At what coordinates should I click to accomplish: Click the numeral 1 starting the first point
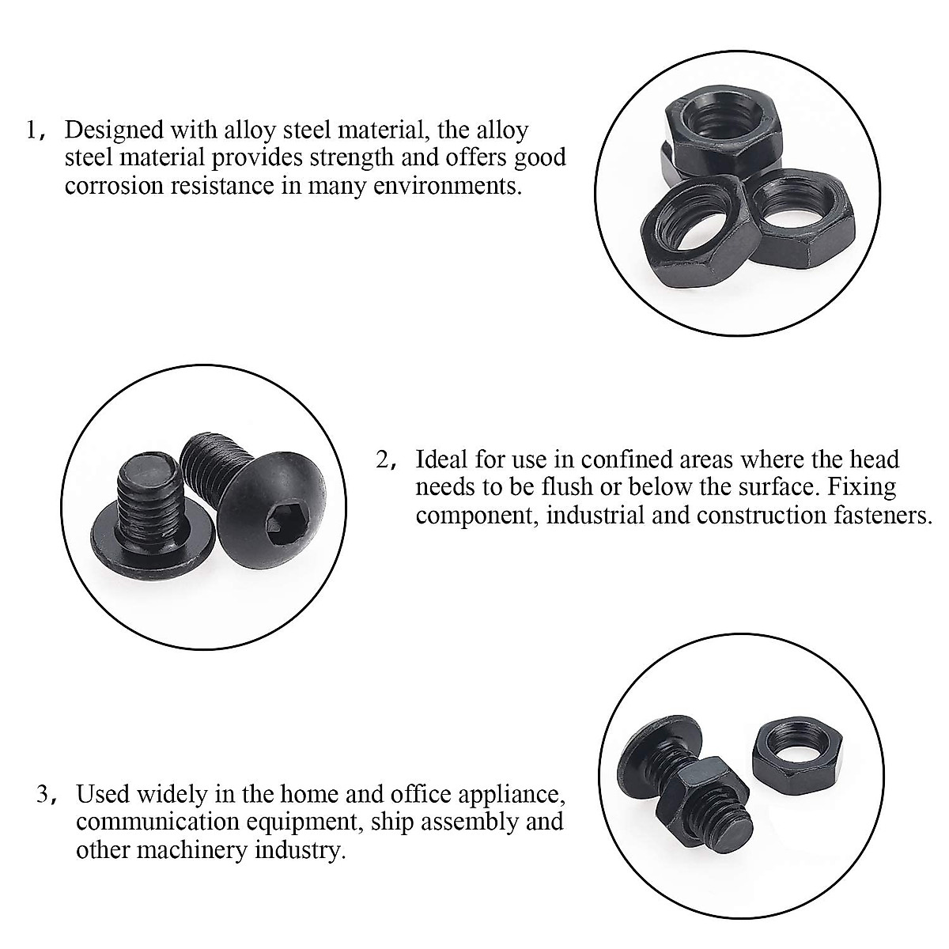32,130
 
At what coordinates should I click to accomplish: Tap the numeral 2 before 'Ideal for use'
384,459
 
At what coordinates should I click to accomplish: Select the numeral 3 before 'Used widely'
43,793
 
